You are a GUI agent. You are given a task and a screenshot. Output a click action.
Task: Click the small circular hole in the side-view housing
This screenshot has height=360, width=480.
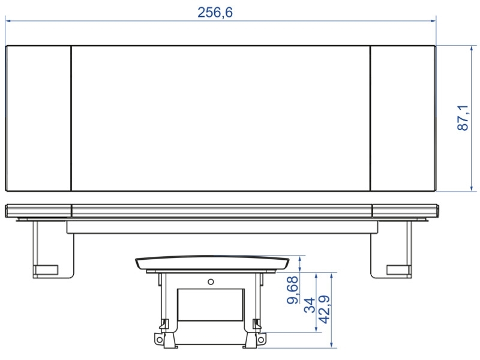tap(210, 281)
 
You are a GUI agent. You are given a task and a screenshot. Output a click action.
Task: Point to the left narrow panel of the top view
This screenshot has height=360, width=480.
tap(38, 118)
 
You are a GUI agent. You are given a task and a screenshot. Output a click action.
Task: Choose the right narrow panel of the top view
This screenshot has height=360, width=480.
tap(403, 118)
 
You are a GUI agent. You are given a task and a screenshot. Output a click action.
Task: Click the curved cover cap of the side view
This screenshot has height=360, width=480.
tap(212, 263)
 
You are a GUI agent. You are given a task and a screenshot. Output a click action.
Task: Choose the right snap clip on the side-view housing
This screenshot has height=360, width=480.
tap(257, 325)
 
